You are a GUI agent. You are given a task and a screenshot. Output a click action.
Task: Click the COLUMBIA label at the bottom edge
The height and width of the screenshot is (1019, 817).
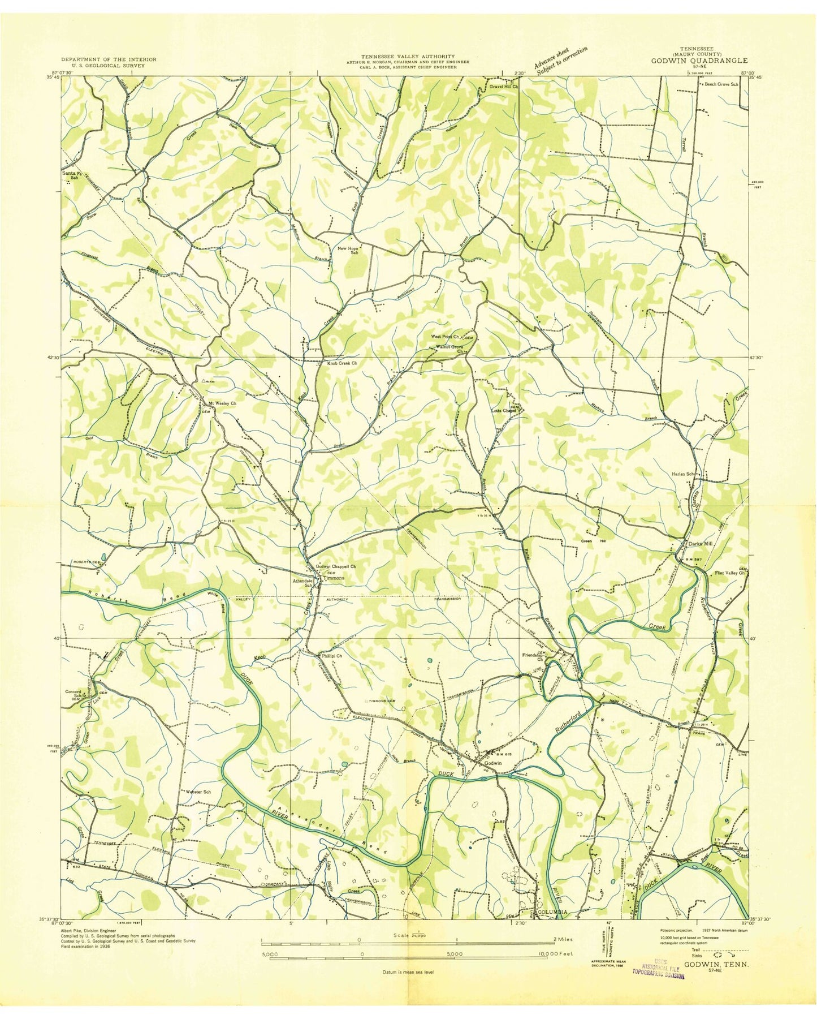pyautogui.click(x=551, y=928)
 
